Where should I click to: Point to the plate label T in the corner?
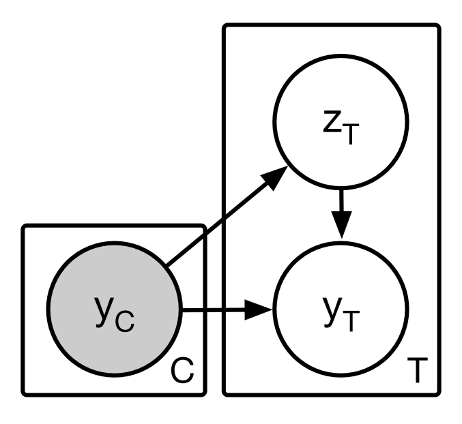pos(414,372)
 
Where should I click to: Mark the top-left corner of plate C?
pos(25,227)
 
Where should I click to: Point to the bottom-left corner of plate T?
pos(226,393)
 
